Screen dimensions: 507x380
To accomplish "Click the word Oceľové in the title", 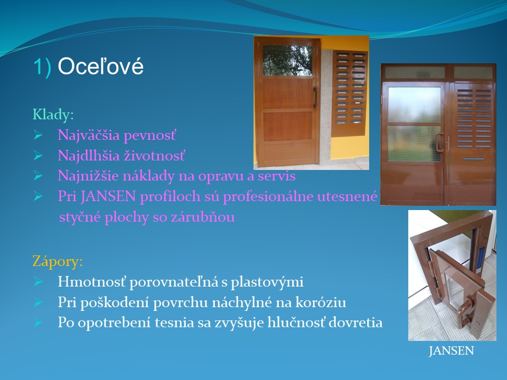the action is (x=100, y=66).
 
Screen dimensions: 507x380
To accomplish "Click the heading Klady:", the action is (x=53, y=115).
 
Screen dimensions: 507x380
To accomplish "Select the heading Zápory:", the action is (x=58, y=261).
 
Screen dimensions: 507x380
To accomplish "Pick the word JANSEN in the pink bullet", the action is (x=108, y=196).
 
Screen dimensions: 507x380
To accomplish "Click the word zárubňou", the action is (x=203, y=217).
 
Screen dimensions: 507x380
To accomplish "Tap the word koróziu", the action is (x=321, y=302).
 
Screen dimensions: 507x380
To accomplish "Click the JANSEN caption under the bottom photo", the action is (x=452, y=351).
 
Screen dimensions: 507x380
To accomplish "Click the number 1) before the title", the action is (x=42, y=67).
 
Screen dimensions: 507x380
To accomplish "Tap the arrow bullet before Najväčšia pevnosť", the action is (x=38, y=136).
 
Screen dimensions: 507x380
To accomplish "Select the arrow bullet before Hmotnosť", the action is (x=38, y=282).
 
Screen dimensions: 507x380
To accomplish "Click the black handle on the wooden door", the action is (x=315, y=97).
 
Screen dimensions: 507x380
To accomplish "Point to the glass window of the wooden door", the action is (x=287, y=60).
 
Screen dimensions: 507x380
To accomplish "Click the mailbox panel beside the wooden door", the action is (x=350, y=93).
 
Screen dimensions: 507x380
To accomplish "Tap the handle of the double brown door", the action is (x=440, y=142).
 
